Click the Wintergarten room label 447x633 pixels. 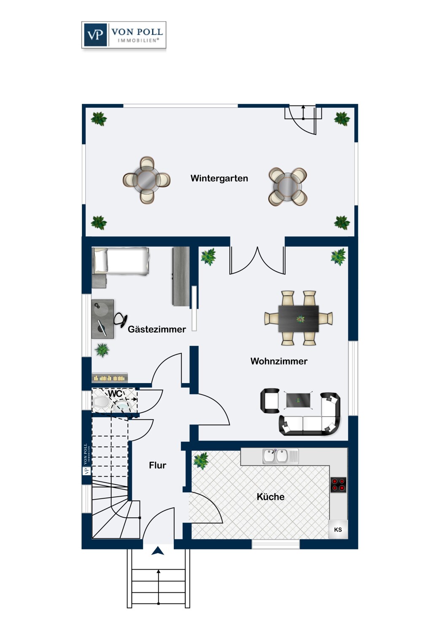pyautogui.click(x=219, y=179)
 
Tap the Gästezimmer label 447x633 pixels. pyautogui.click(x=157, y=329)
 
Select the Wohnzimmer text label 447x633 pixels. pyautogui.click(x=279, y=361)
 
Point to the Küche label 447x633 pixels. pyautogui.click(x=270, y=497)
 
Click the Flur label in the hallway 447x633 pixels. pyautogui.click(x=158, y=465)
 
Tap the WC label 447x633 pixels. pyautogui.click(x=115, y=394)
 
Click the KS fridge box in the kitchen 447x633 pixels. pyautogui.click(x=338, y=530)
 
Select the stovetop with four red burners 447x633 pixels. pyautogui.click(x=339, y=484)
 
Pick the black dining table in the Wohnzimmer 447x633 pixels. pyautogui.click(x=299, y=319)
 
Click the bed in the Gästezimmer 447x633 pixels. pyautogui.click(x=121, y=261)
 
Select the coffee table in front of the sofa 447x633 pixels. pyautogui.click(x=298, y=400)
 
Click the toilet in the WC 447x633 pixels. pyautogui.click(x=101, y=402)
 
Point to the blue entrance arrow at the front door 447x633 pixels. pyautogui.click(x=158, y=551)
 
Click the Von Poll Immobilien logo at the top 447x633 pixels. pyautogui.click(x=124, y=35)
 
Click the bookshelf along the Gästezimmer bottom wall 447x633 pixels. pyautogui.click(x=110, y=378)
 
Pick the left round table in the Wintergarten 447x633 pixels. pyautogui.click(x=147, y=180)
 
